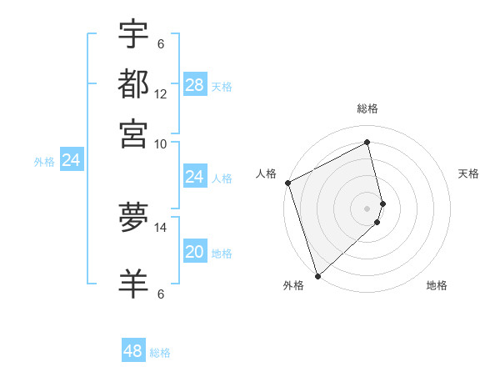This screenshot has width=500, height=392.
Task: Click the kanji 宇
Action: click(133, 35)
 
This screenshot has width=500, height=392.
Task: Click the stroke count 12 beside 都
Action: click(161, 94)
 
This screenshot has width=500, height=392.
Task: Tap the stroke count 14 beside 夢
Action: click(161, 226)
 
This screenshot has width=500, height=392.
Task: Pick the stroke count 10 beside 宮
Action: click(161, 143)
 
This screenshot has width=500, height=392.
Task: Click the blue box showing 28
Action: click(194, 84)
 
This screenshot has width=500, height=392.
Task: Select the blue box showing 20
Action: click(194, 252)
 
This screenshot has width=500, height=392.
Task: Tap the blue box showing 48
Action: click(133, 351)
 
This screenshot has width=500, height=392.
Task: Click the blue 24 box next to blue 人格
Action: click(194, 177)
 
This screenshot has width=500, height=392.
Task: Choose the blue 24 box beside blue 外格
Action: click(72, 160)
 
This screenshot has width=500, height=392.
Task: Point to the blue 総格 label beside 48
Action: click(160, 353)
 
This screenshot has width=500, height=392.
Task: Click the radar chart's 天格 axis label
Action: click(468, 173)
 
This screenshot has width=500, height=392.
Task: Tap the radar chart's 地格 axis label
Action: click(437, 286)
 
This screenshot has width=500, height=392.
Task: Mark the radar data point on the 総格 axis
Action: click(367, 143)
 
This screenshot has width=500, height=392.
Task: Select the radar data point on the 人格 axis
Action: click(287, 183)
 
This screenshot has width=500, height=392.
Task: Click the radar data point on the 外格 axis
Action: click(317, 275)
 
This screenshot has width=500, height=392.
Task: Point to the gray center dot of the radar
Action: click(367, 209)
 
